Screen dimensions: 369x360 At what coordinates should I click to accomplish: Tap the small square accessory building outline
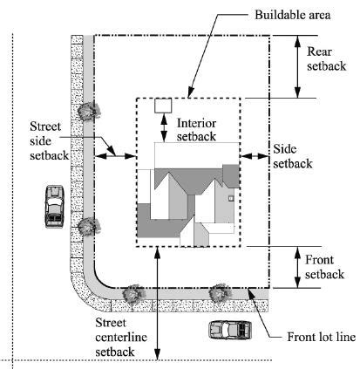point(163,106)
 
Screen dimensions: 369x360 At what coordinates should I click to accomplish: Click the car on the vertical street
point(54,205)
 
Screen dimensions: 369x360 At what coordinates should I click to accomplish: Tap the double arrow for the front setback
point(298,268)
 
